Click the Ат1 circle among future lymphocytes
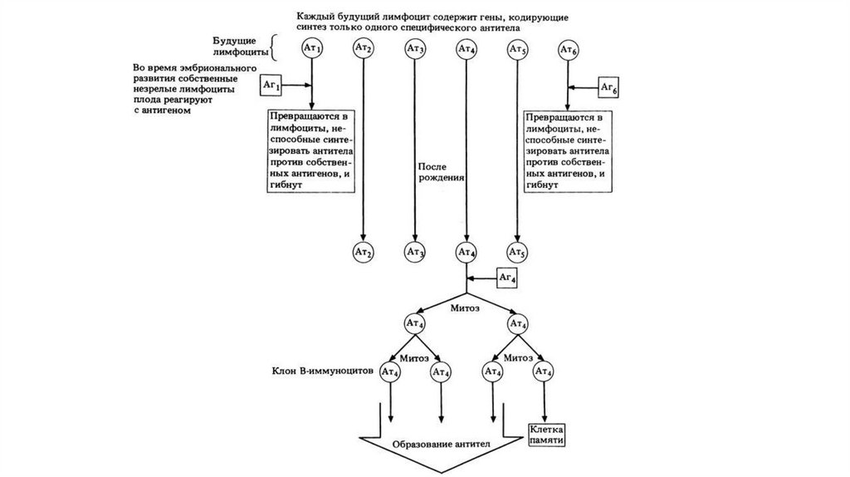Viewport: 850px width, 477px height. [311, 51]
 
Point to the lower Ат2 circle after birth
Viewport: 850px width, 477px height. [363, 251]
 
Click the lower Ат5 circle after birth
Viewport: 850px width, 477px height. [517, 251]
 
